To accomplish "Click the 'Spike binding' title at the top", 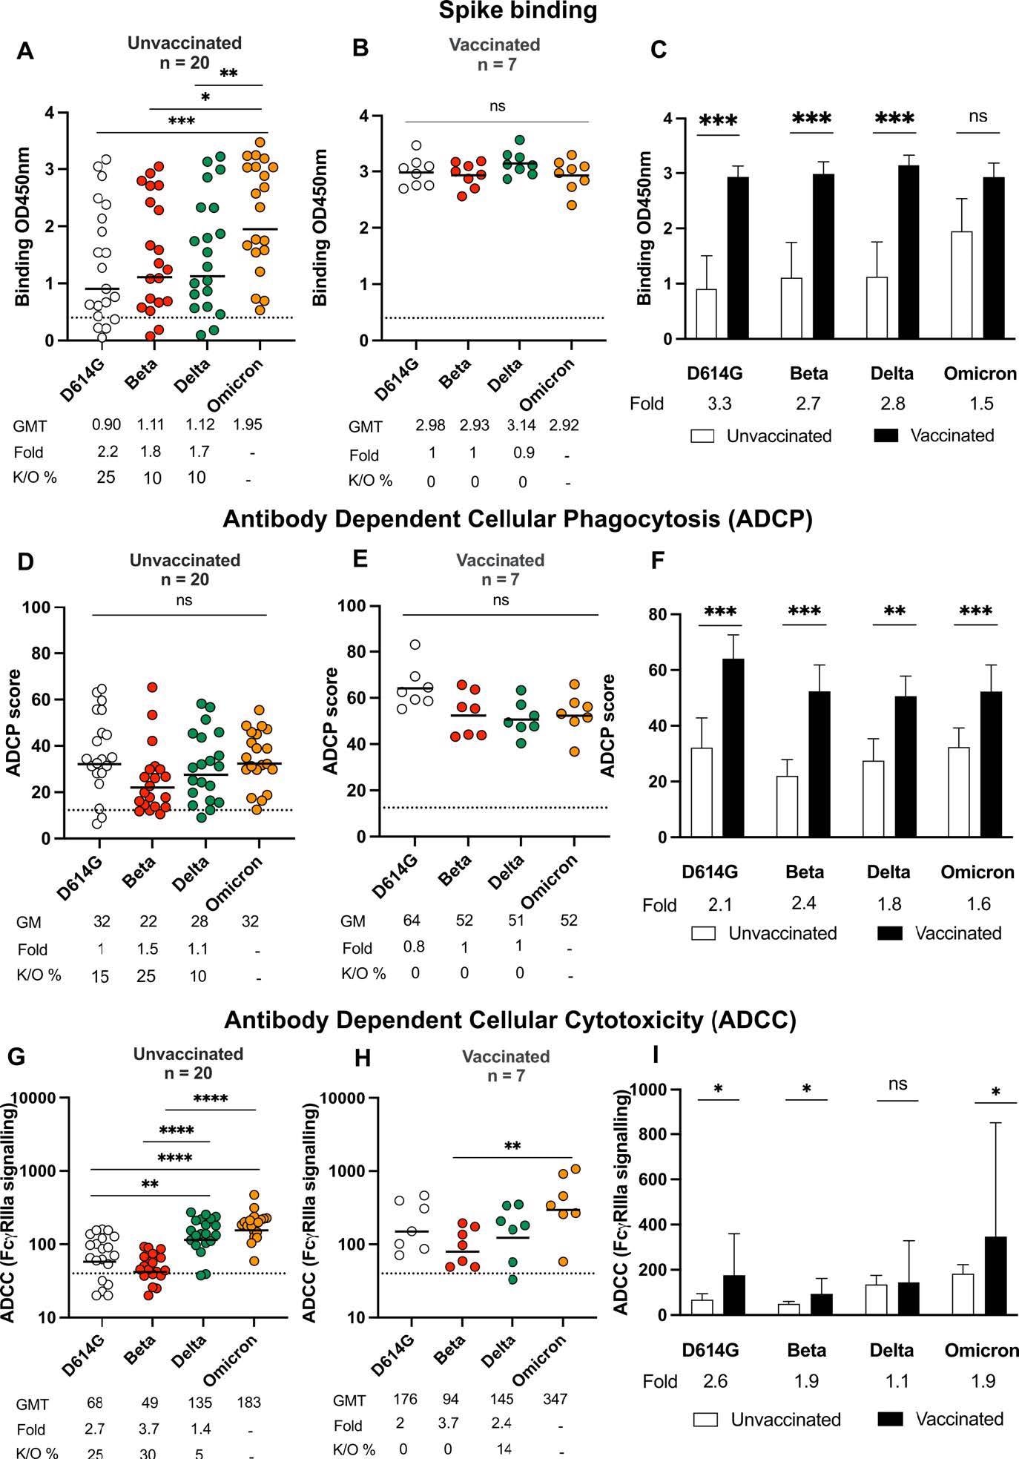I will coord(517,11).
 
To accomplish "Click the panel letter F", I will coord(657,561).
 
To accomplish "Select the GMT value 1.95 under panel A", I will coord(248,425).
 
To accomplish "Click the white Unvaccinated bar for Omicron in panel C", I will coord(961,286).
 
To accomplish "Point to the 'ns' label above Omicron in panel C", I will coord(978,116).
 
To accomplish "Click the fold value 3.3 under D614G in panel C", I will coord(719,404).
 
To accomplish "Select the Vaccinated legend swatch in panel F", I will coord(888,933).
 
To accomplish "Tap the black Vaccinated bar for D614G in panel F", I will coord(733,748).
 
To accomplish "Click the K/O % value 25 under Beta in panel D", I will coord(146,976).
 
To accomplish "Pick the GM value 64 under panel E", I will coord(412,920).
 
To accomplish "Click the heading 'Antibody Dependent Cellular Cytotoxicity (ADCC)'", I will coord(510,1021).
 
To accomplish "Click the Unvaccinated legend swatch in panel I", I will coord(706,1420).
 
